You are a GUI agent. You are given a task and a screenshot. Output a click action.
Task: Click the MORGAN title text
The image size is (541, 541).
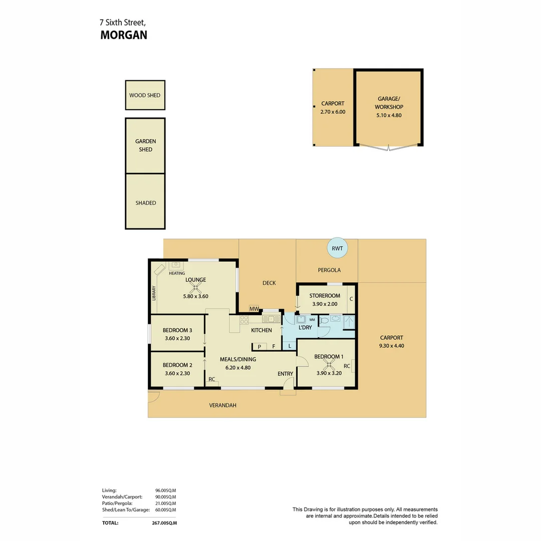[124, 35]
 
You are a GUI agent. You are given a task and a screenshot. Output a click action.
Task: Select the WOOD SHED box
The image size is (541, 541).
[145, 95]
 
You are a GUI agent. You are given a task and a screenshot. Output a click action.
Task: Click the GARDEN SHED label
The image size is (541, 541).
[145, 145]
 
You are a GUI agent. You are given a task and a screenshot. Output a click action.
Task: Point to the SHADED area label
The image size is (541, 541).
[145, 203]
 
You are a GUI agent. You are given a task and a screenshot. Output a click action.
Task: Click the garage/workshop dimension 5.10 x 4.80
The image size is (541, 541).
[389, 115]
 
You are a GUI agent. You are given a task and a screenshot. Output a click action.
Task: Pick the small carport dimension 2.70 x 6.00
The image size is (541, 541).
[333, 112]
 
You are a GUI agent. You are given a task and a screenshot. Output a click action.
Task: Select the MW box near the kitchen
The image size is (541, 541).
[254, 309]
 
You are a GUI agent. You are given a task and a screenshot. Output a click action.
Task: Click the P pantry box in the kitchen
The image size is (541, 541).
[259, 346]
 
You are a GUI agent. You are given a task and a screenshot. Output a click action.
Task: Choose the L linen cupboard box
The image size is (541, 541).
[290, 345]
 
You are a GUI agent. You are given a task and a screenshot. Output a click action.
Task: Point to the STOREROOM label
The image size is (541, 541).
[325, 296]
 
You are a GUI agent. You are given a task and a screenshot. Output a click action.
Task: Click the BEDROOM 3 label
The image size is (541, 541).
[177, 330]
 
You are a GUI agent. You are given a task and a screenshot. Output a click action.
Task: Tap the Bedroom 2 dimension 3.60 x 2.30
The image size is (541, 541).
[177, 373]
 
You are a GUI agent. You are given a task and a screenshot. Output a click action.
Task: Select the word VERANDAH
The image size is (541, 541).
[222, 405]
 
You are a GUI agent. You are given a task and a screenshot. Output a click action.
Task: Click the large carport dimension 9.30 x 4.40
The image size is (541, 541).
[391, 346]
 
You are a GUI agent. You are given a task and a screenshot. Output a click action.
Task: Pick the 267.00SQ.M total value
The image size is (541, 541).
[166, 522]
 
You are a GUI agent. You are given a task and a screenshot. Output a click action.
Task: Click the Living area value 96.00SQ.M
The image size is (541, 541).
[165, 490]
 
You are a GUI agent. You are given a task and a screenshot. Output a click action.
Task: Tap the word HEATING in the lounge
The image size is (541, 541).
[177, 273]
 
